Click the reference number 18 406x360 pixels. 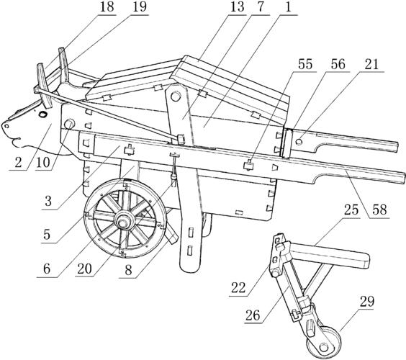tap(107, 7)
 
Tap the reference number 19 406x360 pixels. tap(140, 7)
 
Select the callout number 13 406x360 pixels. tap(237, 7)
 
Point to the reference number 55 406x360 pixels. tap(305, 64)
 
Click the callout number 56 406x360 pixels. tap(338, 64)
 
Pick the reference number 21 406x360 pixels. tap(372, 64)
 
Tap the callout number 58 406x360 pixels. tap(379, 210)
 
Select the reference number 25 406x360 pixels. tap(351, 210)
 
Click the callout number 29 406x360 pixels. tap(367, 302)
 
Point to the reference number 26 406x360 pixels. tap(253, 315)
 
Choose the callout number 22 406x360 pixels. tap(238, 288)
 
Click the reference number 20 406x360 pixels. tap(85, 269)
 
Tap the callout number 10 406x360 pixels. tap(43, 163)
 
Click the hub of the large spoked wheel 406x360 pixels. tap(122, 222)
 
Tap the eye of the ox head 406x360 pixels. tap(42, 114)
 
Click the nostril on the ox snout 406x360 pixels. tap(6, 126)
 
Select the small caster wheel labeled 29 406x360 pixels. tap(325, 343)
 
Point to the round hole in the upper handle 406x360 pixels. tap(299, 142)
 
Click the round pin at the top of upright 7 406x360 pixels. tap(176, 96)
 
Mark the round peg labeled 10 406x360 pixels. tap(69, 125)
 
